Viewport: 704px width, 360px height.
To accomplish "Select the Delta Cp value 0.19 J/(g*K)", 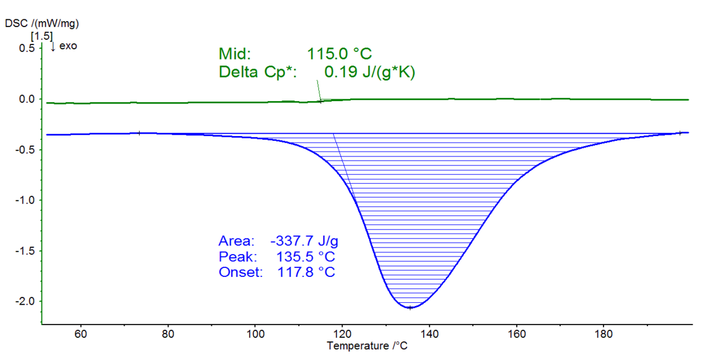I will coord(370,72).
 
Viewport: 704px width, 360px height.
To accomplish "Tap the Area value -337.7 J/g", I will coord(304,241).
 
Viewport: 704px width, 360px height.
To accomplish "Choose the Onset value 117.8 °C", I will coord(306,272).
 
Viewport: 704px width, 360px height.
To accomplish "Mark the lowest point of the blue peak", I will coord(410,308).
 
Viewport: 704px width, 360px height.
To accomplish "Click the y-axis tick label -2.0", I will coord(23,301).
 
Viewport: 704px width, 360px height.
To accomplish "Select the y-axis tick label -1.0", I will coord(23,200).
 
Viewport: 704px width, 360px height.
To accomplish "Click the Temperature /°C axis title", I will coord(367,346).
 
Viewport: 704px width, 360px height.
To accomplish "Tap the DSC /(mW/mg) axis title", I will coord(42,23).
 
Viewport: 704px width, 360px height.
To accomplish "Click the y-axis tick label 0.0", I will coord(26,99).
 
